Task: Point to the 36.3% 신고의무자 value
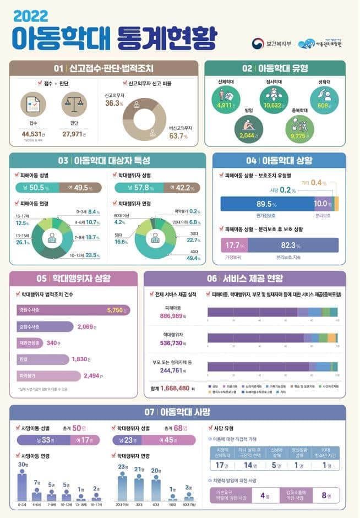113,103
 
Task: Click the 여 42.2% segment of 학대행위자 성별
176,188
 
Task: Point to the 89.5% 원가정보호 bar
267,204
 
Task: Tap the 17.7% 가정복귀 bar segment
233,245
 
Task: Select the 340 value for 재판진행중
53,343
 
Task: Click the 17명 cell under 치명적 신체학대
222,465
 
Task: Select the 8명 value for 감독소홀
325,495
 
